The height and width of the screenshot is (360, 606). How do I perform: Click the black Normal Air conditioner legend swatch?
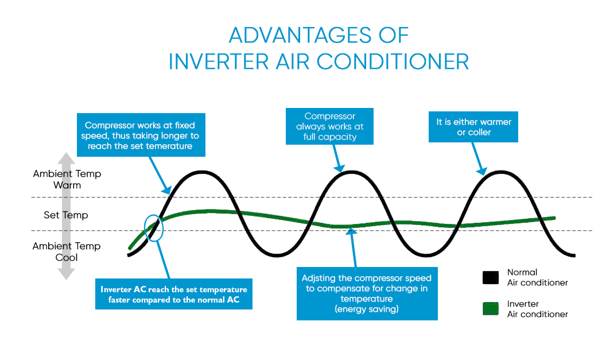(491, 278)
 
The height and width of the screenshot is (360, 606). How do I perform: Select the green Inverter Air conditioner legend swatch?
(491, 309)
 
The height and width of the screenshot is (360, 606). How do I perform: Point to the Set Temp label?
(65, 215)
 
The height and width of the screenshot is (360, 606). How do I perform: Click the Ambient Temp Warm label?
(67, 179)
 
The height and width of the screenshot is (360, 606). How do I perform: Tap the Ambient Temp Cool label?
(67, 251)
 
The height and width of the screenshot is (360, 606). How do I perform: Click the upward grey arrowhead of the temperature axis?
(67, 158)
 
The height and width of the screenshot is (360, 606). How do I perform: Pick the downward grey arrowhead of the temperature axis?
(67, 274)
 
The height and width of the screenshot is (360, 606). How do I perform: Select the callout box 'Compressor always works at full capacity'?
(329, 126)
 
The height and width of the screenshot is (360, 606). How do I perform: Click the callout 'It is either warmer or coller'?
(473, 127)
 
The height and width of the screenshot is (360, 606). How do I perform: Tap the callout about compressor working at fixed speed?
(141, 135)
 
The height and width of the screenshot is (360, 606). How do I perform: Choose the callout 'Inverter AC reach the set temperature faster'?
(174, 294)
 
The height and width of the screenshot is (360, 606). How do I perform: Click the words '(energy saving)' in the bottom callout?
(367, 309)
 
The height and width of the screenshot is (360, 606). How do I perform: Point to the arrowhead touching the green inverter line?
(351, 231)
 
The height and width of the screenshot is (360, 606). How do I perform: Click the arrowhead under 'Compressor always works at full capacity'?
(340, 168)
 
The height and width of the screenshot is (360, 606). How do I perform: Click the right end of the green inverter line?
(555, 218)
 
